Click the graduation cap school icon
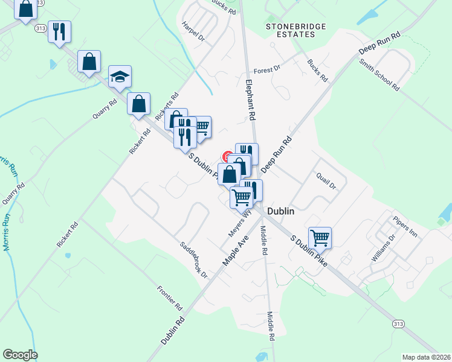(120, 77)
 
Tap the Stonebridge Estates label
(296, 30)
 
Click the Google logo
(20, 355)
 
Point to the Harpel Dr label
(193, 31)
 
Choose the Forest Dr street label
(267, 70)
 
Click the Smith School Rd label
(379, 75)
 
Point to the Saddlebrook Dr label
(193, 260)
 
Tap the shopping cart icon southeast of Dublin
(320, 237)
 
